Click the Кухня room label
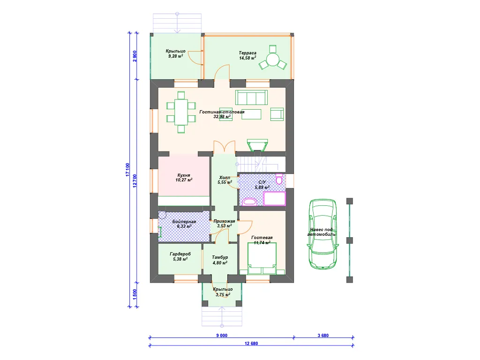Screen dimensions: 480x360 (184, 175)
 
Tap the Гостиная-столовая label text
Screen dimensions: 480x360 (222, 112)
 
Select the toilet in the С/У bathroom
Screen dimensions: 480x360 (279, 179)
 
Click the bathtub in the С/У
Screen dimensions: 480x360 (275, 198)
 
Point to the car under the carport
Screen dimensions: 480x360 (323, 234)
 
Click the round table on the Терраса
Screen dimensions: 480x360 (273, 60)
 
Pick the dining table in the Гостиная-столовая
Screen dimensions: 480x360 (181, 112)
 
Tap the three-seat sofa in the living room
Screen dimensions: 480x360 (251, 97)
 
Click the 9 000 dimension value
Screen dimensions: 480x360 (222, 336)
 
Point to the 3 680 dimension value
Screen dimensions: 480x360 (323, 336)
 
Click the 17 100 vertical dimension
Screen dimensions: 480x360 (127, 170)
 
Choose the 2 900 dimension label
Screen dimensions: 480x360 (135, 56)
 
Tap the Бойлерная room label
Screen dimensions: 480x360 (184, 222)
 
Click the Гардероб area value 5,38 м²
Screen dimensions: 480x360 (180, 259)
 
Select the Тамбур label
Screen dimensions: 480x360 (220, 257)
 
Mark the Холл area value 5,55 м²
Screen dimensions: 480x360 (225, 182)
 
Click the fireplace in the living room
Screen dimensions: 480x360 (257, 145)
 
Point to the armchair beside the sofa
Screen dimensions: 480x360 (277, 114)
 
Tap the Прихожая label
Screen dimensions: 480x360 (225, 221)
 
